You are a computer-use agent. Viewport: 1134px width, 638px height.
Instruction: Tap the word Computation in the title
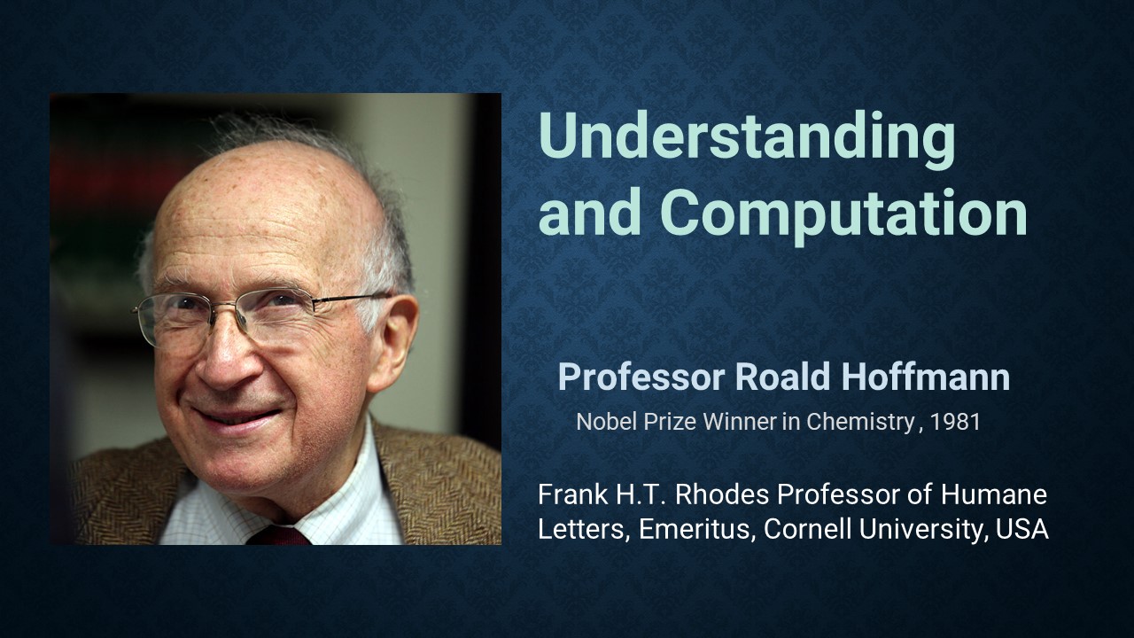[843, 215]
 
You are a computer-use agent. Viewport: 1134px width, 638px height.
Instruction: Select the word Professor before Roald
[641, 377]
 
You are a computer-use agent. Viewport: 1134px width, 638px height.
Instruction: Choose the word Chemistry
[859, 423]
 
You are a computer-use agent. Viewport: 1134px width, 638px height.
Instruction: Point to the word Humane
[994, 494]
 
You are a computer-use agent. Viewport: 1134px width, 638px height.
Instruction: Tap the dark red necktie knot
[278, 535]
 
